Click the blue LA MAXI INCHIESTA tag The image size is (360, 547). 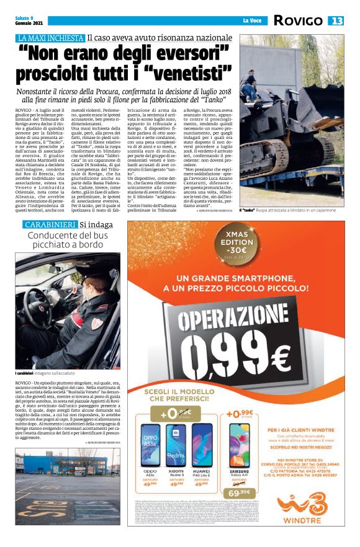tap(51, 38)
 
